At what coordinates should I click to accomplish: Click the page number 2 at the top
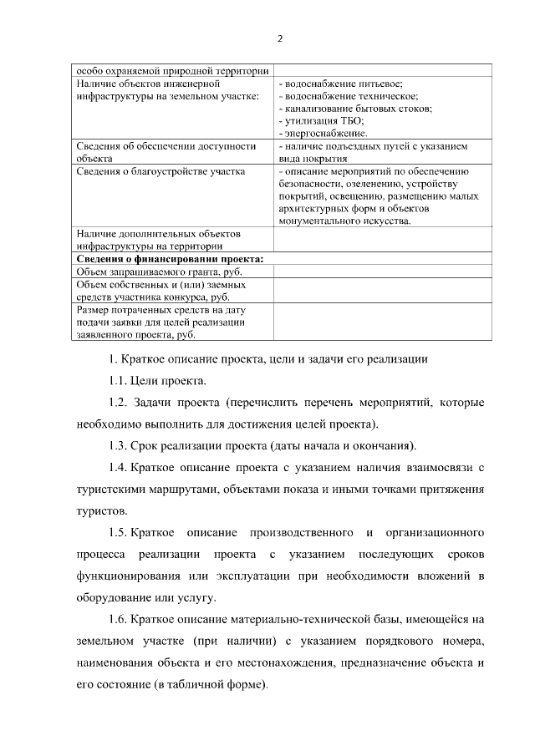[280, 38]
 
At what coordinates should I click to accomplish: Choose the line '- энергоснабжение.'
[323, 133]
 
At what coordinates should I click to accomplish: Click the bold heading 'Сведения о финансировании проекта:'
[170, 259]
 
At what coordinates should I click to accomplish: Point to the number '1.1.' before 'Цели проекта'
[115, 382]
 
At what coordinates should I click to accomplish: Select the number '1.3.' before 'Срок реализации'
[115, 444]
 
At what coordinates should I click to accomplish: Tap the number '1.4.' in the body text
[115, 464]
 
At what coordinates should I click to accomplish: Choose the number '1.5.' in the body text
[115, 532]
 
